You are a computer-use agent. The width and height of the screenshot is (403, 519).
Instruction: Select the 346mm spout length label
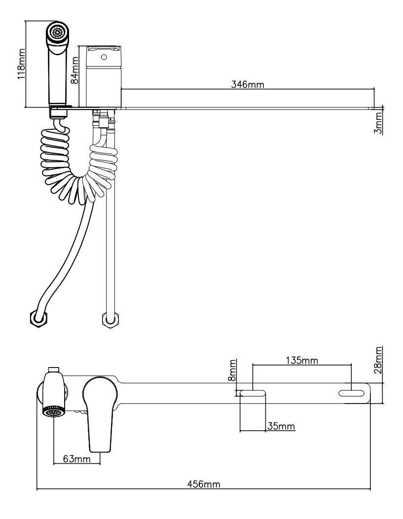pos(248,84)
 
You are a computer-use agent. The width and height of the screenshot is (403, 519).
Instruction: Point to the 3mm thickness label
pos(378,123)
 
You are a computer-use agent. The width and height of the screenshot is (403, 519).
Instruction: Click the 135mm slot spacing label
pos(301,360)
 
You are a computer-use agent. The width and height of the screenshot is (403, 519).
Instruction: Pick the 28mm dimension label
pos(378,361)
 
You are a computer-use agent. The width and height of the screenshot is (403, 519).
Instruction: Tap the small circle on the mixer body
pos(103,57)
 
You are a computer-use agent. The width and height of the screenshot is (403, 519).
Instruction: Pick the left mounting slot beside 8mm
pos(253,394)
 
